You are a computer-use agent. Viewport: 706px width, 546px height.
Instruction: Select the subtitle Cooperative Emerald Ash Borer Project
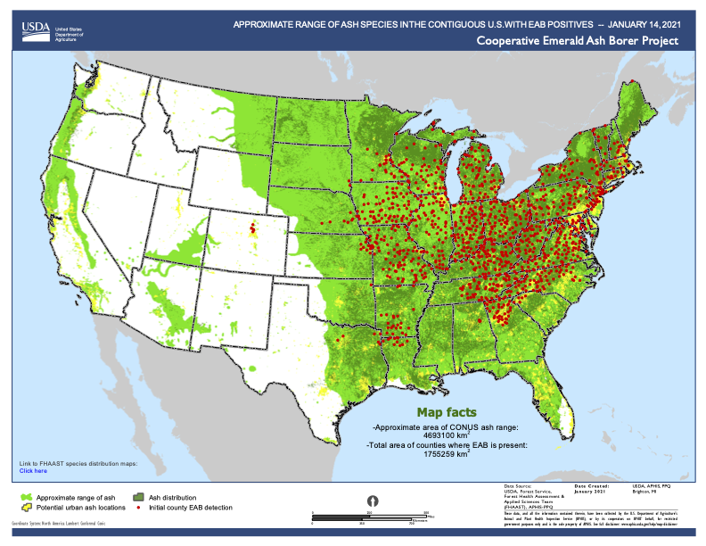[577, 41]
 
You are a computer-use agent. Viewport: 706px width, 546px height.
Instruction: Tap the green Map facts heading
[447, 412]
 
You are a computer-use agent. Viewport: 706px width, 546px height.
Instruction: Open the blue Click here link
[33, 470]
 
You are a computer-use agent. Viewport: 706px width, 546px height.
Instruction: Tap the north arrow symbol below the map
[374, 500]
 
